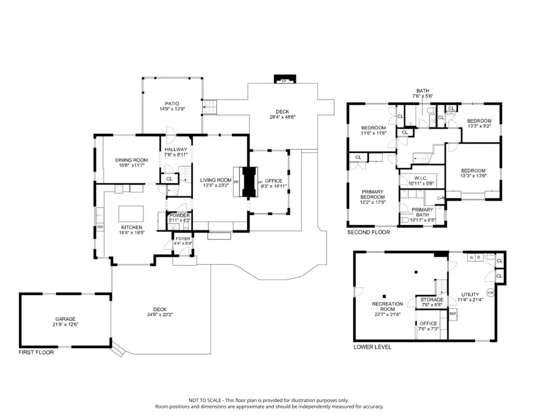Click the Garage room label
[65, 319]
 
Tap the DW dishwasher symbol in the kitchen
[100, 227]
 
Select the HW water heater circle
[490, 293]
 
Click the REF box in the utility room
[453, 314]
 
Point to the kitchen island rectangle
[131, 214]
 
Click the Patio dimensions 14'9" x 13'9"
[172, 109]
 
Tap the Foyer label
[183, 238]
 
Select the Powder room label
[179, 215]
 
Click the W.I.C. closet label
[420, 178]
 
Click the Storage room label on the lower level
[432, 300]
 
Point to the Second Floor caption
[369, 232]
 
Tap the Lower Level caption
[372, 347]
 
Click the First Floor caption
[36, 352]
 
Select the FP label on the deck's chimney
[284, 81]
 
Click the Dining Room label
[132, 160]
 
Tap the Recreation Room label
[388, 307]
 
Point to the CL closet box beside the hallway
[169, 179]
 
